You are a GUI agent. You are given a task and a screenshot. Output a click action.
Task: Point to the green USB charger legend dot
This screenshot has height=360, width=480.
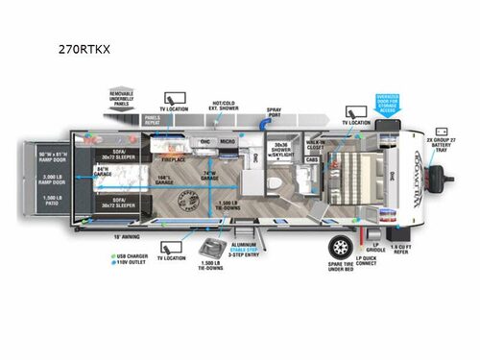point(110,255)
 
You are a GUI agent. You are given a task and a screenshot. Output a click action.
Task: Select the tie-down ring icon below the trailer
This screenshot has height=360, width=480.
point(205,248)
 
